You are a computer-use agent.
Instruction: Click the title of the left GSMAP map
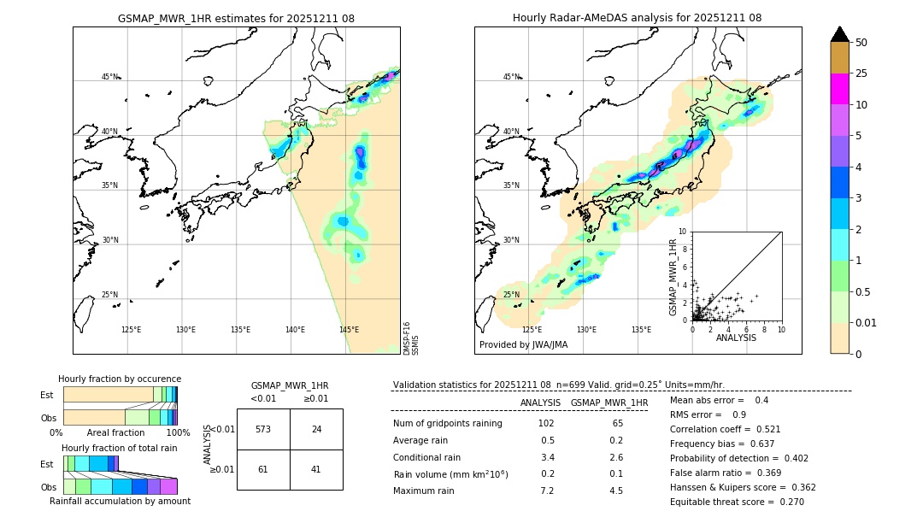coord(236,18)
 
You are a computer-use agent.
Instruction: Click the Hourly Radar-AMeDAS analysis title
coord(637,18)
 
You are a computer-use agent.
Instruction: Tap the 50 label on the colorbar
coord(861,43)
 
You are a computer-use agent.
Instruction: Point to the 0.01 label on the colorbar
coord(867,322)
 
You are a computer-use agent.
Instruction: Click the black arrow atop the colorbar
coord(840,34)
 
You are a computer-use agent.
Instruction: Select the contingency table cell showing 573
coord(263,429)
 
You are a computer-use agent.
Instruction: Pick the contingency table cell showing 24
coord(316,429)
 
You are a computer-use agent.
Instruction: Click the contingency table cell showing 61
coord(263,469)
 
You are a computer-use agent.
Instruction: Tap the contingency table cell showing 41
coord(316,469)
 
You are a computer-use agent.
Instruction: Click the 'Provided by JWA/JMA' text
coord(523,345)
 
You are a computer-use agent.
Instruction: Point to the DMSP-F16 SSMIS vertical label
coord(410,338)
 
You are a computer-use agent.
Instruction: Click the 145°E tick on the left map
coord(349,330)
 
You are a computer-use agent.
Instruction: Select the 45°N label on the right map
coord(511,77)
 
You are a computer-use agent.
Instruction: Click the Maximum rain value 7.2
coord(547,491)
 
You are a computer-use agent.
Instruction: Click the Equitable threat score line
coord(737,502)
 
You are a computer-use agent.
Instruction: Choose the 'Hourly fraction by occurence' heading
coord(120,379)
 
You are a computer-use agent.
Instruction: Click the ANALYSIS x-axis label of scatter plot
coord(736,338)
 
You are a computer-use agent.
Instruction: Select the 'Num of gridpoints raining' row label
coord(448,423)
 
